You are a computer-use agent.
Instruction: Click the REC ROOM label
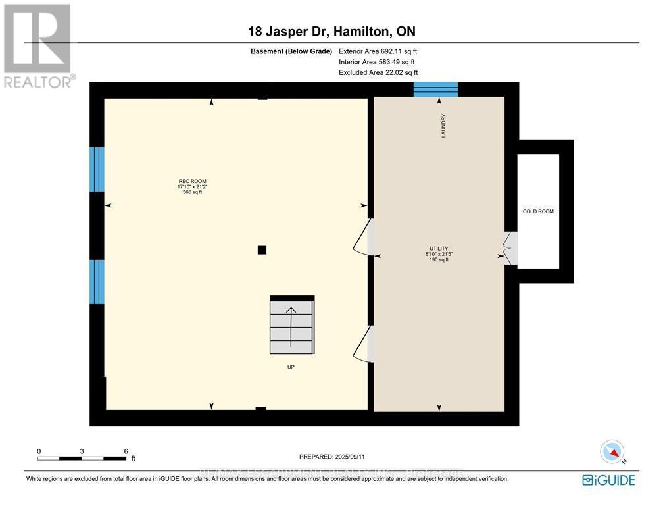(x=187, y=181)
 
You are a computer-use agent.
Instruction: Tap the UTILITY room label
(x=437, y=249)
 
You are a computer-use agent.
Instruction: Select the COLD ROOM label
(x=538, y=211)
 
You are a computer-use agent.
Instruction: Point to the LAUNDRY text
(x=444, y=126)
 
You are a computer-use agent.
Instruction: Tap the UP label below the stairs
(x=291, y=367)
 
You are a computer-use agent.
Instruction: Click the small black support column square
(x=262, y=249)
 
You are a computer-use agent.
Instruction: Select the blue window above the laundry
(x=435, y=90)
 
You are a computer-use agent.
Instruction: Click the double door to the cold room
(x=510, y=248)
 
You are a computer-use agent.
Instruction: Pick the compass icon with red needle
(x=612, y=452)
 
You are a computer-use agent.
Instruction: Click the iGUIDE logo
(x=608, y=480)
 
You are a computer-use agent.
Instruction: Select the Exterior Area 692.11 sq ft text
(x=378, y=51)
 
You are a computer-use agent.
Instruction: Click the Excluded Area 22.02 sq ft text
(x=378, y=73)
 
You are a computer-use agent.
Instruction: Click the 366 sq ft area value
(x=187, y=192)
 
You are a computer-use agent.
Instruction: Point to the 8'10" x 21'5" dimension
(x=437, y=254)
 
